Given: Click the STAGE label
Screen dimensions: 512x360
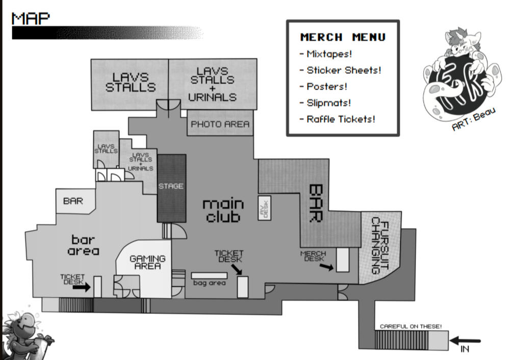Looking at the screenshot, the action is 171,186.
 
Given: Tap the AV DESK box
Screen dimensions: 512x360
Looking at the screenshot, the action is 265,208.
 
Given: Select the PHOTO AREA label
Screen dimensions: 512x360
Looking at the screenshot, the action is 220,124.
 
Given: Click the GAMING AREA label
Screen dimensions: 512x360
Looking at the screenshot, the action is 147,262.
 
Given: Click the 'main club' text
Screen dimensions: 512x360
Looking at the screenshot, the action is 223,211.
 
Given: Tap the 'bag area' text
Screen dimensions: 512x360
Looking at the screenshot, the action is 209,283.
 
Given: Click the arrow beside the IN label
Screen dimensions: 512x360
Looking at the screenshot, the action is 465,341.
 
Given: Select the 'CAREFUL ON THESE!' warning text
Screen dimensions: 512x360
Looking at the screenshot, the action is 411,326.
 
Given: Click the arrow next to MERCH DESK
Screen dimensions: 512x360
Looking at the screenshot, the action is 326,267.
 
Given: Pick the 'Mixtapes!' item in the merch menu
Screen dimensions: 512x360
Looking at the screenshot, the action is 326,54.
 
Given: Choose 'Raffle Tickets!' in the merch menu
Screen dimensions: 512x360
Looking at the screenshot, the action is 338,119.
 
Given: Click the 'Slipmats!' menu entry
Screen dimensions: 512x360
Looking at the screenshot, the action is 325,103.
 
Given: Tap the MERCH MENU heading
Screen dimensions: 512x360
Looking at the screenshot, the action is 343,37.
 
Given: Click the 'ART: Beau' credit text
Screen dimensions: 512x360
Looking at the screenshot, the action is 474,119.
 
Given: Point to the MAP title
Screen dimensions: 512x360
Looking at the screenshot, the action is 31,18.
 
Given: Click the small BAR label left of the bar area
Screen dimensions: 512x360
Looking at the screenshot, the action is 73,201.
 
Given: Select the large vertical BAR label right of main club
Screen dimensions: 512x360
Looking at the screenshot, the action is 316,203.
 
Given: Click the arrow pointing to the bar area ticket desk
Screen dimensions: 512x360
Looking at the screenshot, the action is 81,287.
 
